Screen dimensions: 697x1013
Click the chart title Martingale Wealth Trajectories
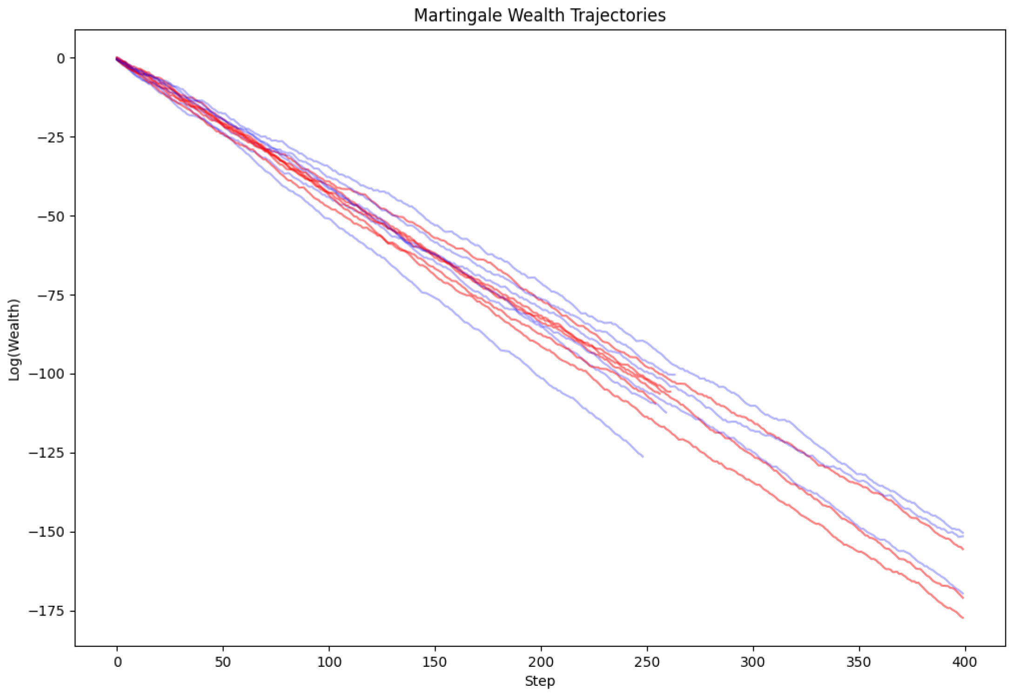[539, 15]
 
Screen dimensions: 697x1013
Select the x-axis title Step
[539, 681]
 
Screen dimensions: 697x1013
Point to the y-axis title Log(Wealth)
[14, 339]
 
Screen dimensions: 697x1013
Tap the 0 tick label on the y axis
[61, 59]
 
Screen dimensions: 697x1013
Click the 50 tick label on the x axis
[223, 662]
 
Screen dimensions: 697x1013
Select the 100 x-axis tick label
[329, 662]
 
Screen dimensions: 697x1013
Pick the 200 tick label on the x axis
[541, 662]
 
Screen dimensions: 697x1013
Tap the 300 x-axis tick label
[752, 662]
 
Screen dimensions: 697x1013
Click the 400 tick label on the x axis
[964, 662]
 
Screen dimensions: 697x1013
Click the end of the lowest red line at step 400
[963, 618]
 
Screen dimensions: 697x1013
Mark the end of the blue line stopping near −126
[643, 456]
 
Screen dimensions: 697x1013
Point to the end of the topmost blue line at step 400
[963, 533]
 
